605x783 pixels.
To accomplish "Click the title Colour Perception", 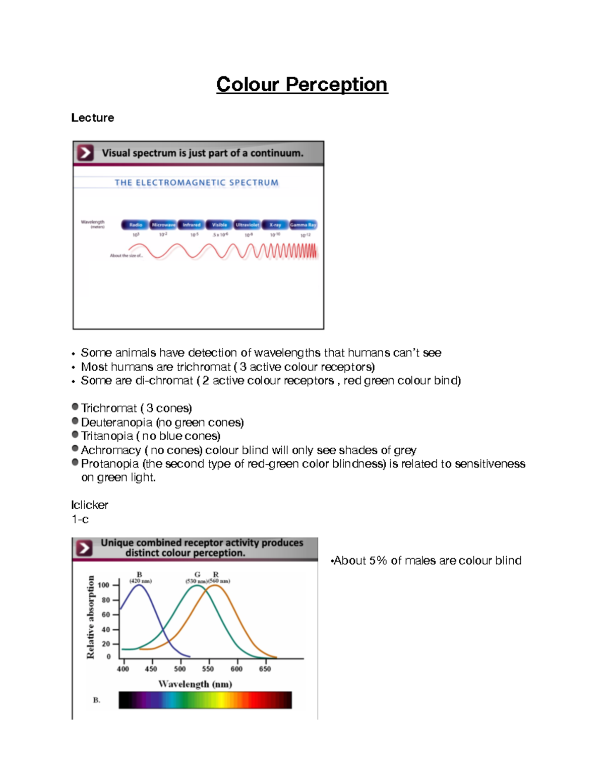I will [x=301, y=85].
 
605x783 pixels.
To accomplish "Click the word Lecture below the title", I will [x=92, y=117].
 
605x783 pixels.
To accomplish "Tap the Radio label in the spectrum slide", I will [x=135, y=225].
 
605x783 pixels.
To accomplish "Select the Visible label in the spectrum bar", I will [x=219, y=225].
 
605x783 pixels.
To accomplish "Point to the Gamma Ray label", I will [x=303, y=225].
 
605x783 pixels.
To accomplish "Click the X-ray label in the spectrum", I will [x=275, y=225].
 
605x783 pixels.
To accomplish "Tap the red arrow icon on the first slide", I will [x=85, y=152].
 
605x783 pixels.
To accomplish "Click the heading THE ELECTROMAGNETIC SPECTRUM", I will [x=196, y=183].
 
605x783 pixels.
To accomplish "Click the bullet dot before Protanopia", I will [x=75, y=462].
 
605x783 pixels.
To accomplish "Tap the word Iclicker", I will [x=89, y=505].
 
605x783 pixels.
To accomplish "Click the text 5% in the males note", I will [x=378, y=560].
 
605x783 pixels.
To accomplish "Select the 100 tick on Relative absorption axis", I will [x=103, y=585].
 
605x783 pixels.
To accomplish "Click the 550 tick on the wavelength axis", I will [x=208, y=669].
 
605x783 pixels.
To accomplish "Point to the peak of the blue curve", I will [x=139, y=584].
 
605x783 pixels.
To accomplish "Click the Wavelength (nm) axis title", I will [x=195, y=684].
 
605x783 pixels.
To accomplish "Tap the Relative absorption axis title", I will [x=91, y=617].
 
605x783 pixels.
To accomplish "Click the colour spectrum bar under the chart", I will [x=205, y=700].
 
